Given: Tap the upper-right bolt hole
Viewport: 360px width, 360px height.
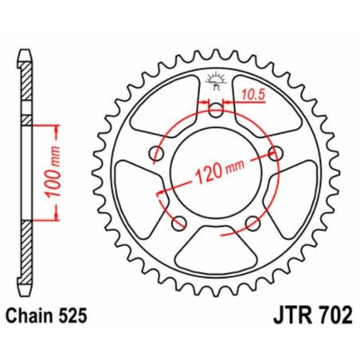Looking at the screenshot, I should (276, 153).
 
